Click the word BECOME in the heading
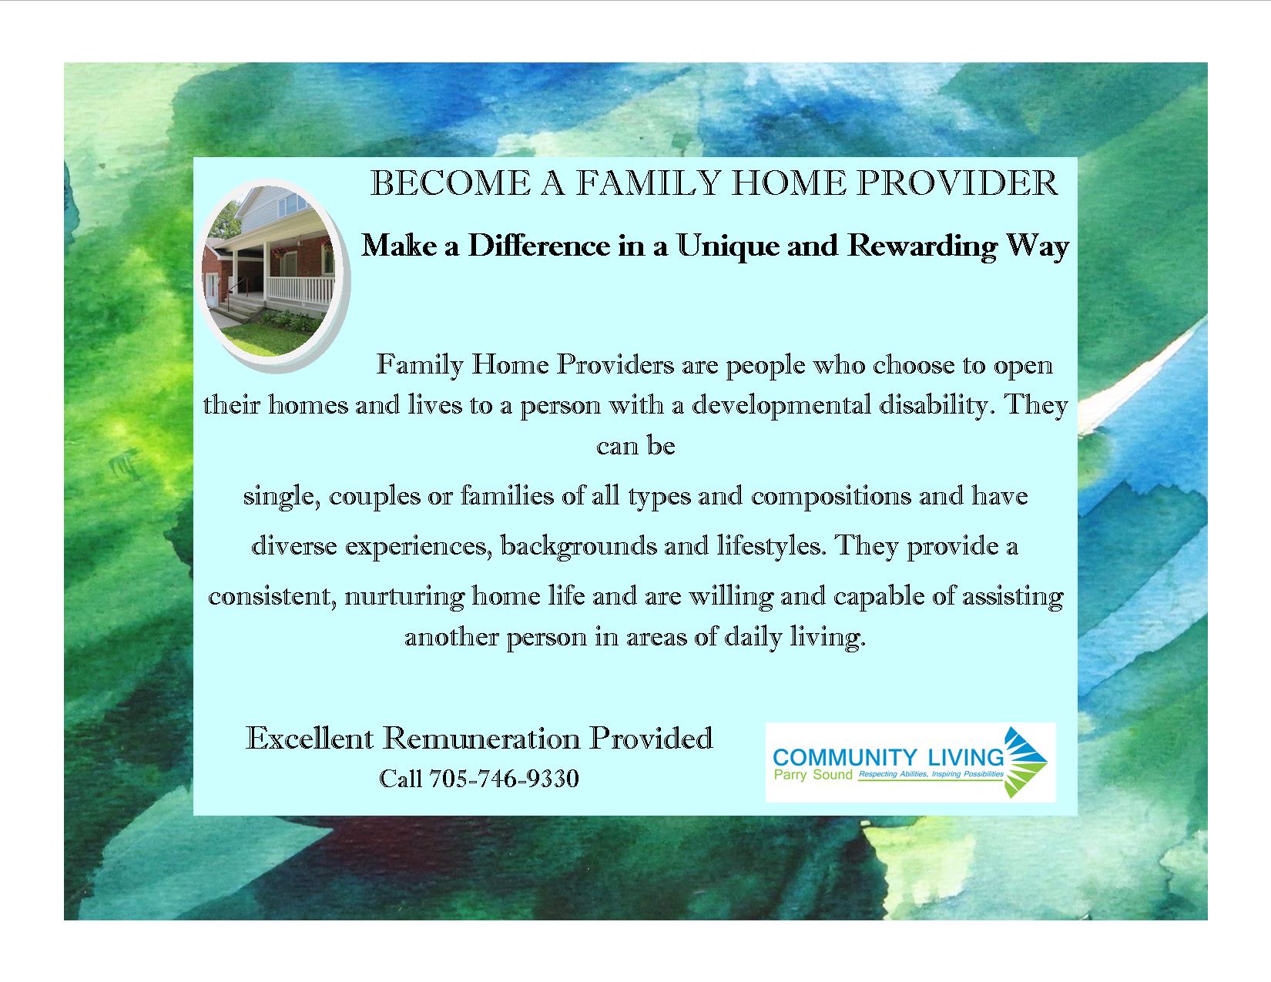tap(451, 183)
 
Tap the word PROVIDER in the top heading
tap(957, 183)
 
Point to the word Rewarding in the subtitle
tap(922, 246)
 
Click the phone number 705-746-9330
tap(505, 779)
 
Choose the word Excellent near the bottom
tap(310, 738)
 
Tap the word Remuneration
tap(482, 738)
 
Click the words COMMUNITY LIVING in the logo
tap(888, 757)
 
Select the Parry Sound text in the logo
tap(813, 775)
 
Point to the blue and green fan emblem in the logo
tap(1025, 762)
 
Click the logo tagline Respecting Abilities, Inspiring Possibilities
tap(931, 774)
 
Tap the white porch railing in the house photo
tap(300, 290)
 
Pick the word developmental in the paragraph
tap(782, 405)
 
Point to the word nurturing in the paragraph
tap(404, 597)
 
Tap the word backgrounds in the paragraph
tap(578, 547)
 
